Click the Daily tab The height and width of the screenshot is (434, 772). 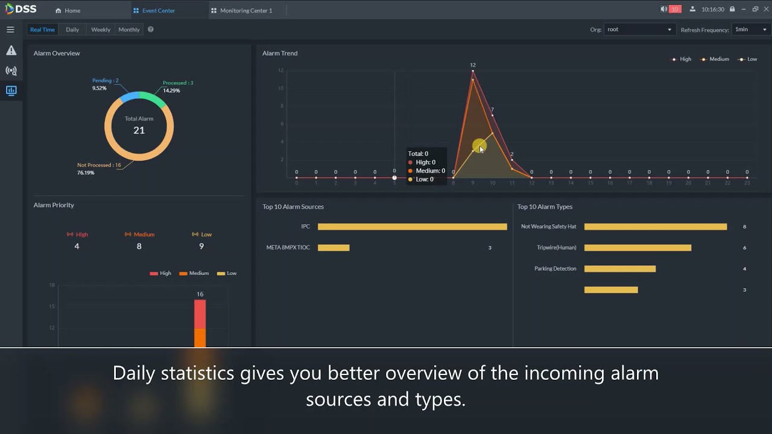click(x=72, y=30)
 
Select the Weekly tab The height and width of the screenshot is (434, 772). click(x=101, y=30)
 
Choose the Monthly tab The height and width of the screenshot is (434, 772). click(x=129, y=30)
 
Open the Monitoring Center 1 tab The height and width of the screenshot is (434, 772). click(x=242, y=10)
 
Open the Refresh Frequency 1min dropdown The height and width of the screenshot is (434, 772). click(x=750, y=30)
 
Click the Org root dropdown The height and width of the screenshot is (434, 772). click(x=639, y=30)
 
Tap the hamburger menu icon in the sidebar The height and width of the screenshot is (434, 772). click(x=10, y=30)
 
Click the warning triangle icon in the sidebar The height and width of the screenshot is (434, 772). click(x=11, y=51)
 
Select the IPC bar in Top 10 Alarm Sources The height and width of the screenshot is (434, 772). click(x=412, y=227)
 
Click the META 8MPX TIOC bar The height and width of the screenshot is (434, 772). click(x=334, y=248)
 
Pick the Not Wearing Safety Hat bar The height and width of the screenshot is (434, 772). click(x=655, y=227)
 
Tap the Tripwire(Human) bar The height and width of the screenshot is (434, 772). click(x=638, y=248)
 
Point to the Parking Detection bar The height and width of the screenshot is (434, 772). click(x=619, y=269)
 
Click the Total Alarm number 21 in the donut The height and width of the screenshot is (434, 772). click(x=139, y=130)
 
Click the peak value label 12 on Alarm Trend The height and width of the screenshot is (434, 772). click(x=473, y=65)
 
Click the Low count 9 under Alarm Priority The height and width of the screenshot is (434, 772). click(x=201, y=246)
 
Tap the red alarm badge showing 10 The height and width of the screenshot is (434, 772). click(x=675, y=9)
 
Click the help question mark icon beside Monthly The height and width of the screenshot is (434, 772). click(x=151, y=30)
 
